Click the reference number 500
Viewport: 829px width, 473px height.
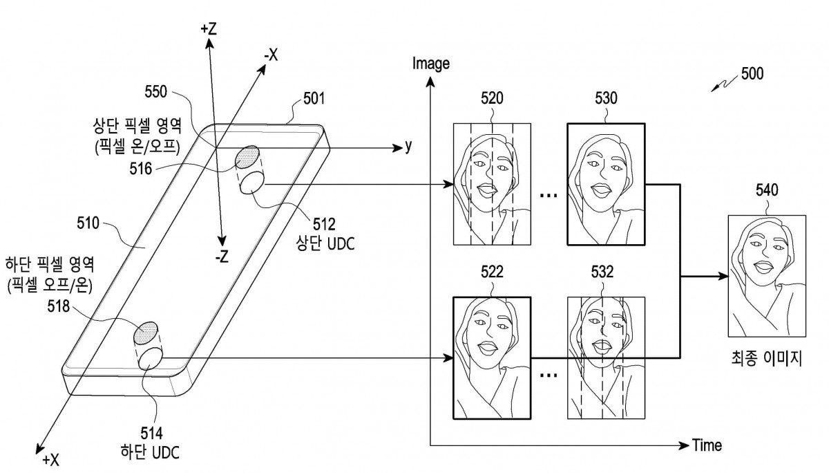point(751,73)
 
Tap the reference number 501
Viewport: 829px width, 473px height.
point(315,100)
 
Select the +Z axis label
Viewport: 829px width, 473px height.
point(209,29)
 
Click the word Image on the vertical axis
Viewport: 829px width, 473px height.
point(430,64)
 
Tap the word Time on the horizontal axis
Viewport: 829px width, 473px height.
point(707,445)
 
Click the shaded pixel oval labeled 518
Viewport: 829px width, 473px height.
point(147,333)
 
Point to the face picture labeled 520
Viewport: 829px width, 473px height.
point(492,184)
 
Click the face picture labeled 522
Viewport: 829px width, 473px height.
point(491,358)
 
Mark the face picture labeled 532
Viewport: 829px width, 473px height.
point(606,358)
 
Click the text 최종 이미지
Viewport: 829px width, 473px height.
point(766,360)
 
